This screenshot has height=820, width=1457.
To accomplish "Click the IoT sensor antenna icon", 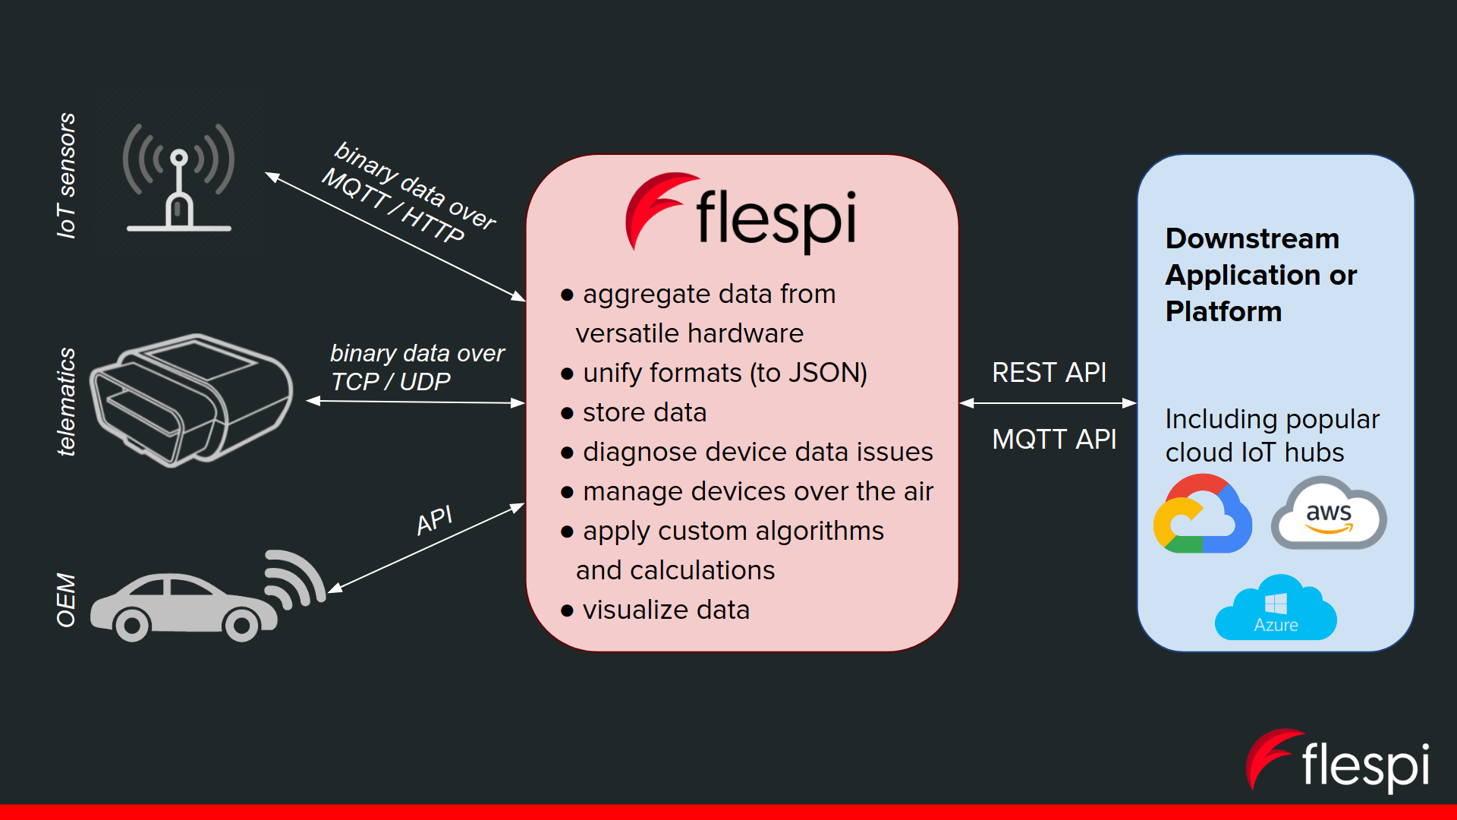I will point(179,178).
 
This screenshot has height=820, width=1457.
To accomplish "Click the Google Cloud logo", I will point(1202,516).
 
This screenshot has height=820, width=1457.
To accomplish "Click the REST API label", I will point(1049,373).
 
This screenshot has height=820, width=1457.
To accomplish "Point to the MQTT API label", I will point(1054,440).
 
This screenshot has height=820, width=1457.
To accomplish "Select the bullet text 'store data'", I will point(644,412).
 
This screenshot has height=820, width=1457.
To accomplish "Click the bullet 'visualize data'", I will point(666,610).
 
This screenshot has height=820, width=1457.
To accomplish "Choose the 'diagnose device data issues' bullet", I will point(757,452).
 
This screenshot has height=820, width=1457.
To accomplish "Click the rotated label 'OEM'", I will point(67,600).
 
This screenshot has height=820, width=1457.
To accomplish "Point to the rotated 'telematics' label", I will point(67,402).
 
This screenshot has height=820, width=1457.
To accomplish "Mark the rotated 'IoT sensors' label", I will point(67,175).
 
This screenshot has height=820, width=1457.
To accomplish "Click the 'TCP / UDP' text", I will point(391,382).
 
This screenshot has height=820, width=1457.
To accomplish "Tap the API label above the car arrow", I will point(435,521).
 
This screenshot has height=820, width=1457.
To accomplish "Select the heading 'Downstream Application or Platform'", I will point(1260,275).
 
